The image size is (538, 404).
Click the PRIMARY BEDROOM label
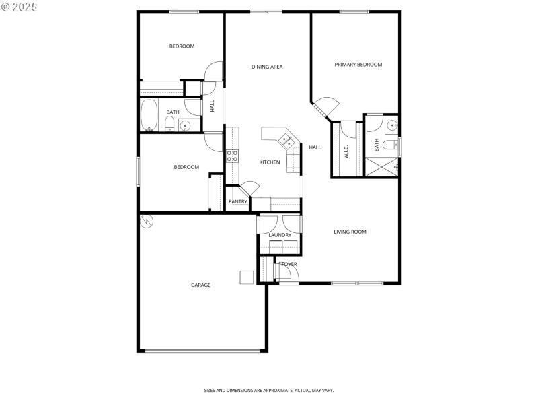[x=358, y=65]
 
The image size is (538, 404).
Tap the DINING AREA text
[x=267, y=67]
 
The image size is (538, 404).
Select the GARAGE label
[x=200, y=285]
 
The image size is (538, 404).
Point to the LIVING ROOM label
[x=350, y=232]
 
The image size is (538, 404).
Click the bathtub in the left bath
[x=149, y=115]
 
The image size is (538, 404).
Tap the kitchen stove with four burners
[x=233, y=156]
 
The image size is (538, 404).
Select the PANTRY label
[x=237, y=201]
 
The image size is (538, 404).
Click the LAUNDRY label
[x=280, y=235]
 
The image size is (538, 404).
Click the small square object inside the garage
[x=247, y=277]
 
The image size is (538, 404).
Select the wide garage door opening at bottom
[x=204, y=350]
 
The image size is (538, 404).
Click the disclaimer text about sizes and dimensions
[x=269, y=390]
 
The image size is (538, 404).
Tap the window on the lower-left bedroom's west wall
[x=138, y=171]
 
